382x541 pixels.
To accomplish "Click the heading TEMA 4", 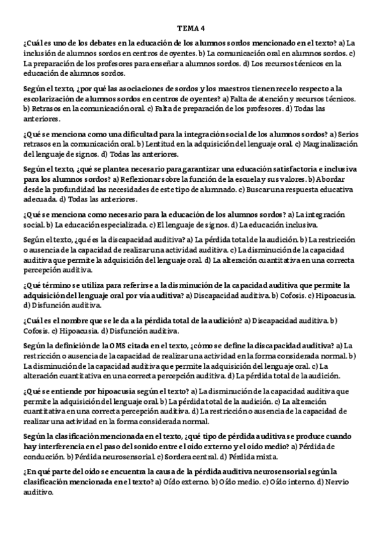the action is coord(191,28).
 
